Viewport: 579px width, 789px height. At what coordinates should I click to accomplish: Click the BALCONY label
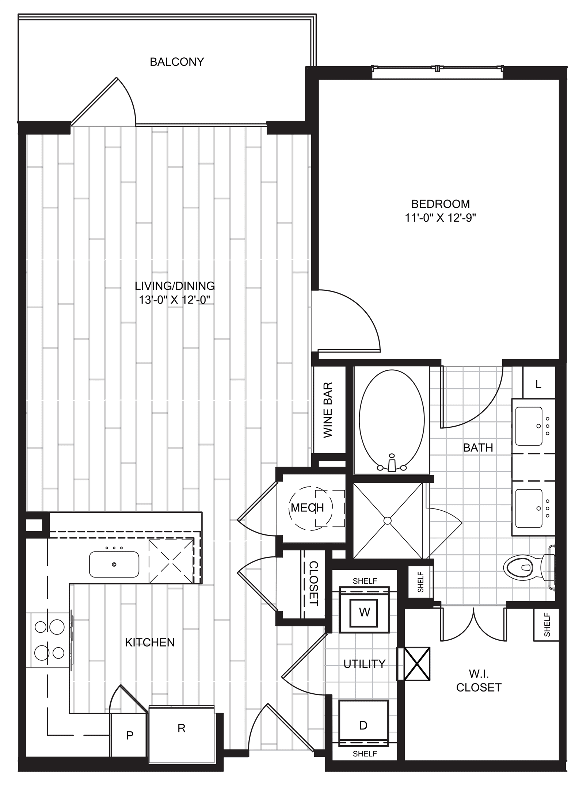point(177,62)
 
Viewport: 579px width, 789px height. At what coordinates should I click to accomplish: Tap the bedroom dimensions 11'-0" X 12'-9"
point(441,218)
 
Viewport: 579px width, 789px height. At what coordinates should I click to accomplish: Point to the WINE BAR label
point(328,410)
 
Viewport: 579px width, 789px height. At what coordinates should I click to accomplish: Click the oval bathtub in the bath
point(392,420)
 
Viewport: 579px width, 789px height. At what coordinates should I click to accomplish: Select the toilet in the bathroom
point(529,567)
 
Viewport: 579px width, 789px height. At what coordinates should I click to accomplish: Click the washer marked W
point(365,612)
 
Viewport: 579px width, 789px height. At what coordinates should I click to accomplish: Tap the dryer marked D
point(363,725)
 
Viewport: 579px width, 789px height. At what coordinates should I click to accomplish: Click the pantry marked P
point(129,735)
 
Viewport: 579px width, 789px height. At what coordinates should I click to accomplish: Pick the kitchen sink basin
point(114,564)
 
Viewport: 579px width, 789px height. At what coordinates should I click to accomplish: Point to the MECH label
point(307,507)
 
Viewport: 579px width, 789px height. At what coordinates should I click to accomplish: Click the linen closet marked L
point(538,384)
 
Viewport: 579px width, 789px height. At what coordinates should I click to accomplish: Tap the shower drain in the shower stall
point(388,521)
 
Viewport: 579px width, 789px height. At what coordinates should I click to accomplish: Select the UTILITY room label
point(365,663)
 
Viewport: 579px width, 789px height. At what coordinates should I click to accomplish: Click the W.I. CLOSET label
point(479,680)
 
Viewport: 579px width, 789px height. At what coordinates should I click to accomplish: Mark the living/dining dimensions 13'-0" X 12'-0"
point(175,300)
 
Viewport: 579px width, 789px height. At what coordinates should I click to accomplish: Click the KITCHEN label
point(150,643)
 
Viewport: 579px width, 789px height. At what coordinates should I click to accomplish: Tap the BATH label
point(478,447)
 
